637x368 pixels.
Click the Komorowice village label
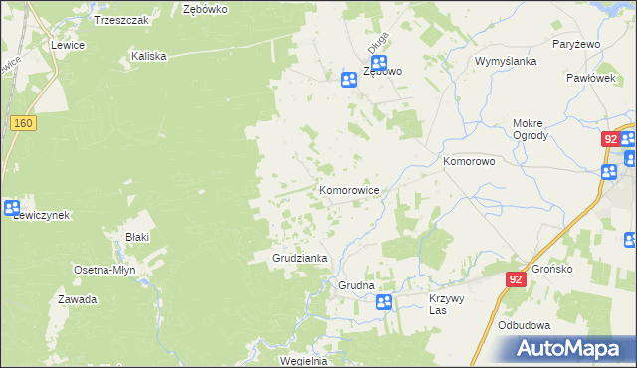[348, 189]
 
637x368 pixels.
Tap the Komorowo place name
[469, 160]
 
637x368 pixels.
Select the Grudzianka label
[301, 258]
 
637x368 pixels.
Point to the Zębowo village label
[382, 72]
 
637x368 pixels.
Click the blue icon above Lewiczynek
[12, 208]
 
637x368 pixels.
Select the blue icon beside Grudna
[384, 301]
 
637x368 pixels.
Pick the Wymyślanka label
[506, 61]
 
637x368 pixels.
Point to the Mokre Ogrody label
[530, 130]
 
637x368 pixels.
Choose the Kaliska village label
[148, 57]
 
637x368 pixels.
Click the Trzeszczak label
[120, 19]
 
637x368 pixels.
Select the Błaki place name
[136, 237]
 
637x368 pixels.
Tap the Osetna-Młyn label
[105, 270]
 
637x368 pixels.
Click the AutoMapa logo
[572, 348]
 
